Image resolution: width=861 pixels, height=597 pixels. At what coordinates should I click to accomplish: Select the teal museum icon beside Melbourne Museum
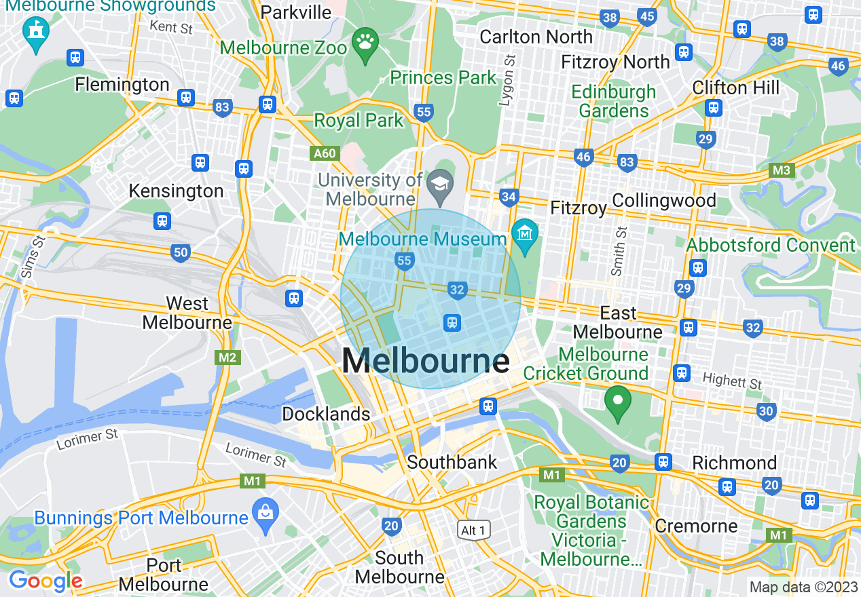[x=525, y=234]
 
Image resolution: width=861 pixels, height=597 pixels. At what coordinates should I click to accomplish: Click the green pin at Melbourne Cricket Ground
[x=618, y=401]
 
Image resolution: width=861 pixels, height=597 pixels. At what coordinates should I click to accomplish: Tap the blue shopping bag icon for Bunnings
[x=264, y=513]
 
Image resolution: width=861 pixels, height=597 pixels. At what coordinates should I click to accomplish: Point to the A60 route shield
[x=325, y=154]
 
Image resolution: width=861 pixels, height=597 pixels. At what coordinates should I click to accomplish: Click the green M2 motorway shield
[x=227, y=358]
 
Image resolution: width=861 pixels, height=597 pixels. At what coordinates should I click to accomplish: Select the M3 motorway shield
[x=782, y=170]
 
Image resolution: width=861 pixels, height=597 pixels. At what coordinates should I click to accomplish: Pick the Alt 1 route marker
[x=473, y=530]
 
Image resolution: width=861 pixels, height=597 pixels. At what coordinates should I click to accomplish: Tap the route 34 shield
[x=509, y=197]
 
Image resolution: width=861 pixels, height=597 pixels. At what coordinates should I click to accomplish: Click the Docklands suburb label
[x=327, y=414]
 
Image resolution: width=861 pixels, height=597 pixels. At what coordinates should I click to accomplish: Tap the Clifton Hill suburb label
[x=736, y=88]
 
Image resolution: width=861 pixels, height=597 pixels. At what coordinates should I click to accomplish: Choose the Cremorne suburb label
[x=696, y=526]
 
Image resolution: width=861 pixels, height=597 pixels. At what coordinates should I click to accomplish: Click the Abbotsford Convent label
[x=771, y=245]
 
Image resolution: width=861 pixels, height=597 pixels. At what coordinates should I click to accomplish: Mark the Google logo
[x=45, y=581]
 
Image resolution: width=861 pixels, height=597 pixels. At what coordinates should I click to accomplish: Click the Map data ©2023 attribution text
[x=803, y=587]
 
